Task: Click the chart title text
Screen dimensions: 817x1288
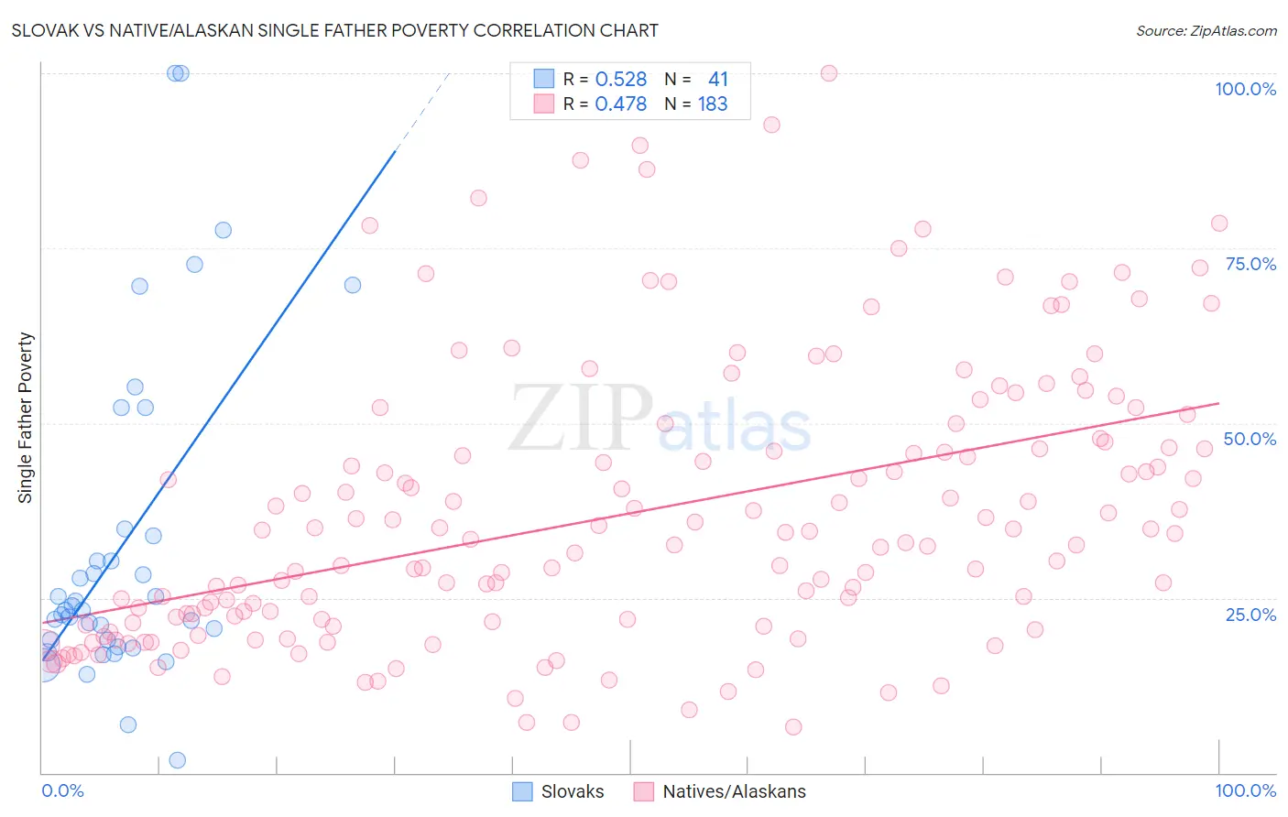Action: (x=334, y=30)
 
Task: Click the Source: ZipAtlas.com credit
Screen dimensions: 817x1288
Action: (x=1206, y=30)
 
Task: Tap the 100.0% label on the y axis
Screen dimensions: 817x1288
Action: (x=1245, y=89)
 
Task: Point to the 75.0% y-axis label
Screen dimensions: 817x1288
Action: (x=1250, y=264)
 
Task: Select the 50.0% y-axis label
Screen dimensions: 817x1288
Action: (x=1250, y=439)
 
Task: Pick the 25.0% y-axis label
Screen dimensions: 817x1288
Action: (x=1250, y=614)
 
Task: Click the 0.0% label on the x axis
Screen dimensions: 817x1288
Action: (x=62, y=790)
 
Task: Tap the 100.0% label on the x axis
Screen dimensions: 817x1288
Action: (x=1245, y=790)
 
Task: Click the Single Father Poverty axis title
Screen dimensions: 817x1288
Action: (x=26, y=418)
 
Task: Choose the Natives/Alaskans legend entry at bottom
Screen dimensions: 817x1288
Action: (x=734, y=791)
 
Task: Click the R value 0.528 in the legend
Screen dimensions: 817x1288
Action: (x=620, y=80)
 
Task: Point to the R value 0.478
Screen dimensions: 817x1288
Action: (x=620, y=104)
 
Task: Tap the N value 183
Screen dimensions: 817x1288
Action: (x=713, y=104)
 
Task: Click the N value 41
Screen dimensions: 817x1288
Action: (x=717, y=80)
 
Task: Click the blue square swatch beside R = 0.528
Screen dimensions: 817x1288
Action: (x=544, y=79)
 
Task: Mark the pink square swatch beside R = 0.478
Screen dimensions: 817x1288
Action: (x=544, y=103)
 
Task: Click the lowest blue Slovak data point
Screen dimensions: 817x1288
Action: (x=178, y=760)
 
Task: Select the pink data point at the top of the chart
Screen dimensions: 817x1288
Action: (x=829, y=73)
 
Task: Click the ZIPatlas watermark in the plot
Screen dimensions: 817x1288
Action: (x=660, y=419)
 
